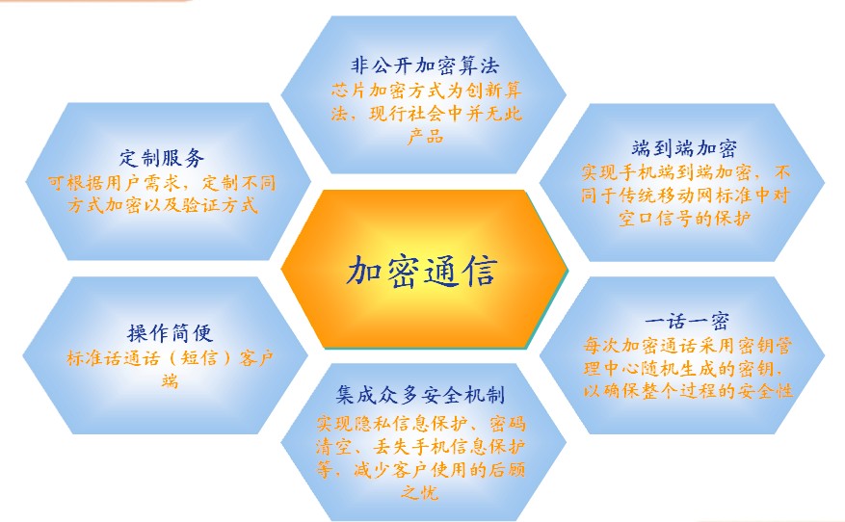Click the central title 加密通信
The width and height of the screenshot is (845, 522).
[x=421, y=270]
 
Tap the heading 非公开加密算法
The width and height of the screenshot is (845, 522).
[x=425, y=65]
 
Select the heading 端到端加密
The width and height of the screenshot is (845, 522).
[x=684, y=148]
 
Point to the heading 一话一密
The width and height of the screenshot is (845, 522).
[x=687, y=322]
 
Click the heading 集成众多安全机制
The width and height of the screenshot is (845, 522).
[x=420, y=395]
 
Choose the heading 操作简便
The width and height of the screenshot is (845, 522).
[x=171, y=333]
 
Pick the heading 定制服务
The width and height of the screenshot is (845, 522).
[x=162, y=158]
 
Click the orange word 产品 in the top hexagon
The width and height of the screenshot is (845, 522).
[x=425, y=137]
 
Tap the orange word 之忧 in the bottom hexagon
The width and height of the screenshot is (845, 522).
[x=419, y=492]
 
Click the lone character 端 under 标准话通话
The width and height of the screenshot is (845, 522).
[x=170, y=380]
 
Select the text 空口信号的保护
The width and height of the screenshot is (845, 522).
[x=684, y=219]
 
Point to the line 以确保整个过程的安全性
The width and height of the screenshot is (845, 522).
[x=688, y=390]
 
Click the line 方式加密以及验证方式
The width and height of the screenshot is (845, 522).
[x=162, y=205]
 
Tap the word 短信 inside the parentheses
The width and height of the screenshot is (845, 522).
[x=198, y=357]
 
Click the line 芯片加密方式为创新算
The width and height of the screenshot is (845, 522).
[x=426, y=90]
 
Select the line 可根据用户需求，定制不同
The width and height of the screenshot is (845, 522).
[x=162, y=183]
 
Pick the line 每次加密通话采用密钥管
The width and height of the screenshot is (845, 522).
[x=688, y=345]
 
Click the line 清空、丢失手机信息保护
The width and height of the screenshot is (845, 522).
[x=420, y=447]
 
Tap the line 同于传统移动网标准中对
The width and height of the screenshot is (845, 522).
[x=685, y=195]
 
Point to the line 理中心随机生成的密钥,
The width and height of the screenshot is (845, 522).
[x=683, y=368]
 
